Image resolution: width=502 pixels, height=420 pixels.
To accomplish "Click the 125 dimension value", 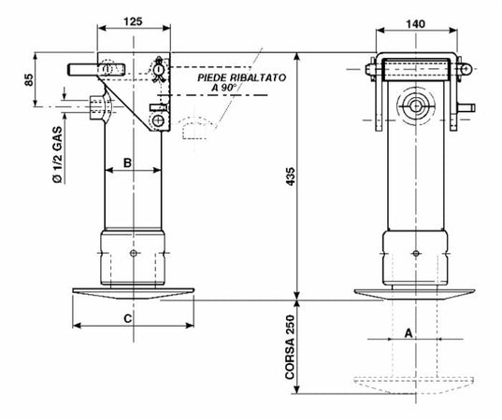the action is click(133, 21).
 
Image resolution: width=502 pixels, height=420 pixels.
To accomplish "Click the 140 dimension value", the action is click(416, 24).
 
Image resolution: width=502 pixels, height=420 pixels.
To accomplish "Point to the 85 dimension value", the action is click(29, 79).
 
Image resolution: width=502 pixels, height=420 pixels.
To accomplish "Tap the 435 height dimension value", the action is click(291, 176).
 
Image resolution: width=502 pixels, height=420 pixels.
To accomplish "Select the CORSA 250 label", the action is click(290, 347).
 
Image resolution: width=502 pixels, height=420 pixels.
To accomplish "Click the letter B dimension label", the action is click(127, 162).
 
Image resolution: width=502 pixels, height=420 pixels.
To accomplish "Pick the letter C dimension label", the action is click(127, 318).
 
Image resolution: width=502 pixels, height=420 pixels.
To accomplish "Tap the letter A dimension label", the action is click(409, 333).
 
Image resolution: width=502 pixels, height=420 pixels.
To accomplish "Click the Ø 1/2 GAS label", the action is click(57, 155).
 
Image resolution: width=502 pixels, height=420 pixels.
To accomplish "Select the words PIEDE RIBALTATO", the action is click(242, 77).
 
